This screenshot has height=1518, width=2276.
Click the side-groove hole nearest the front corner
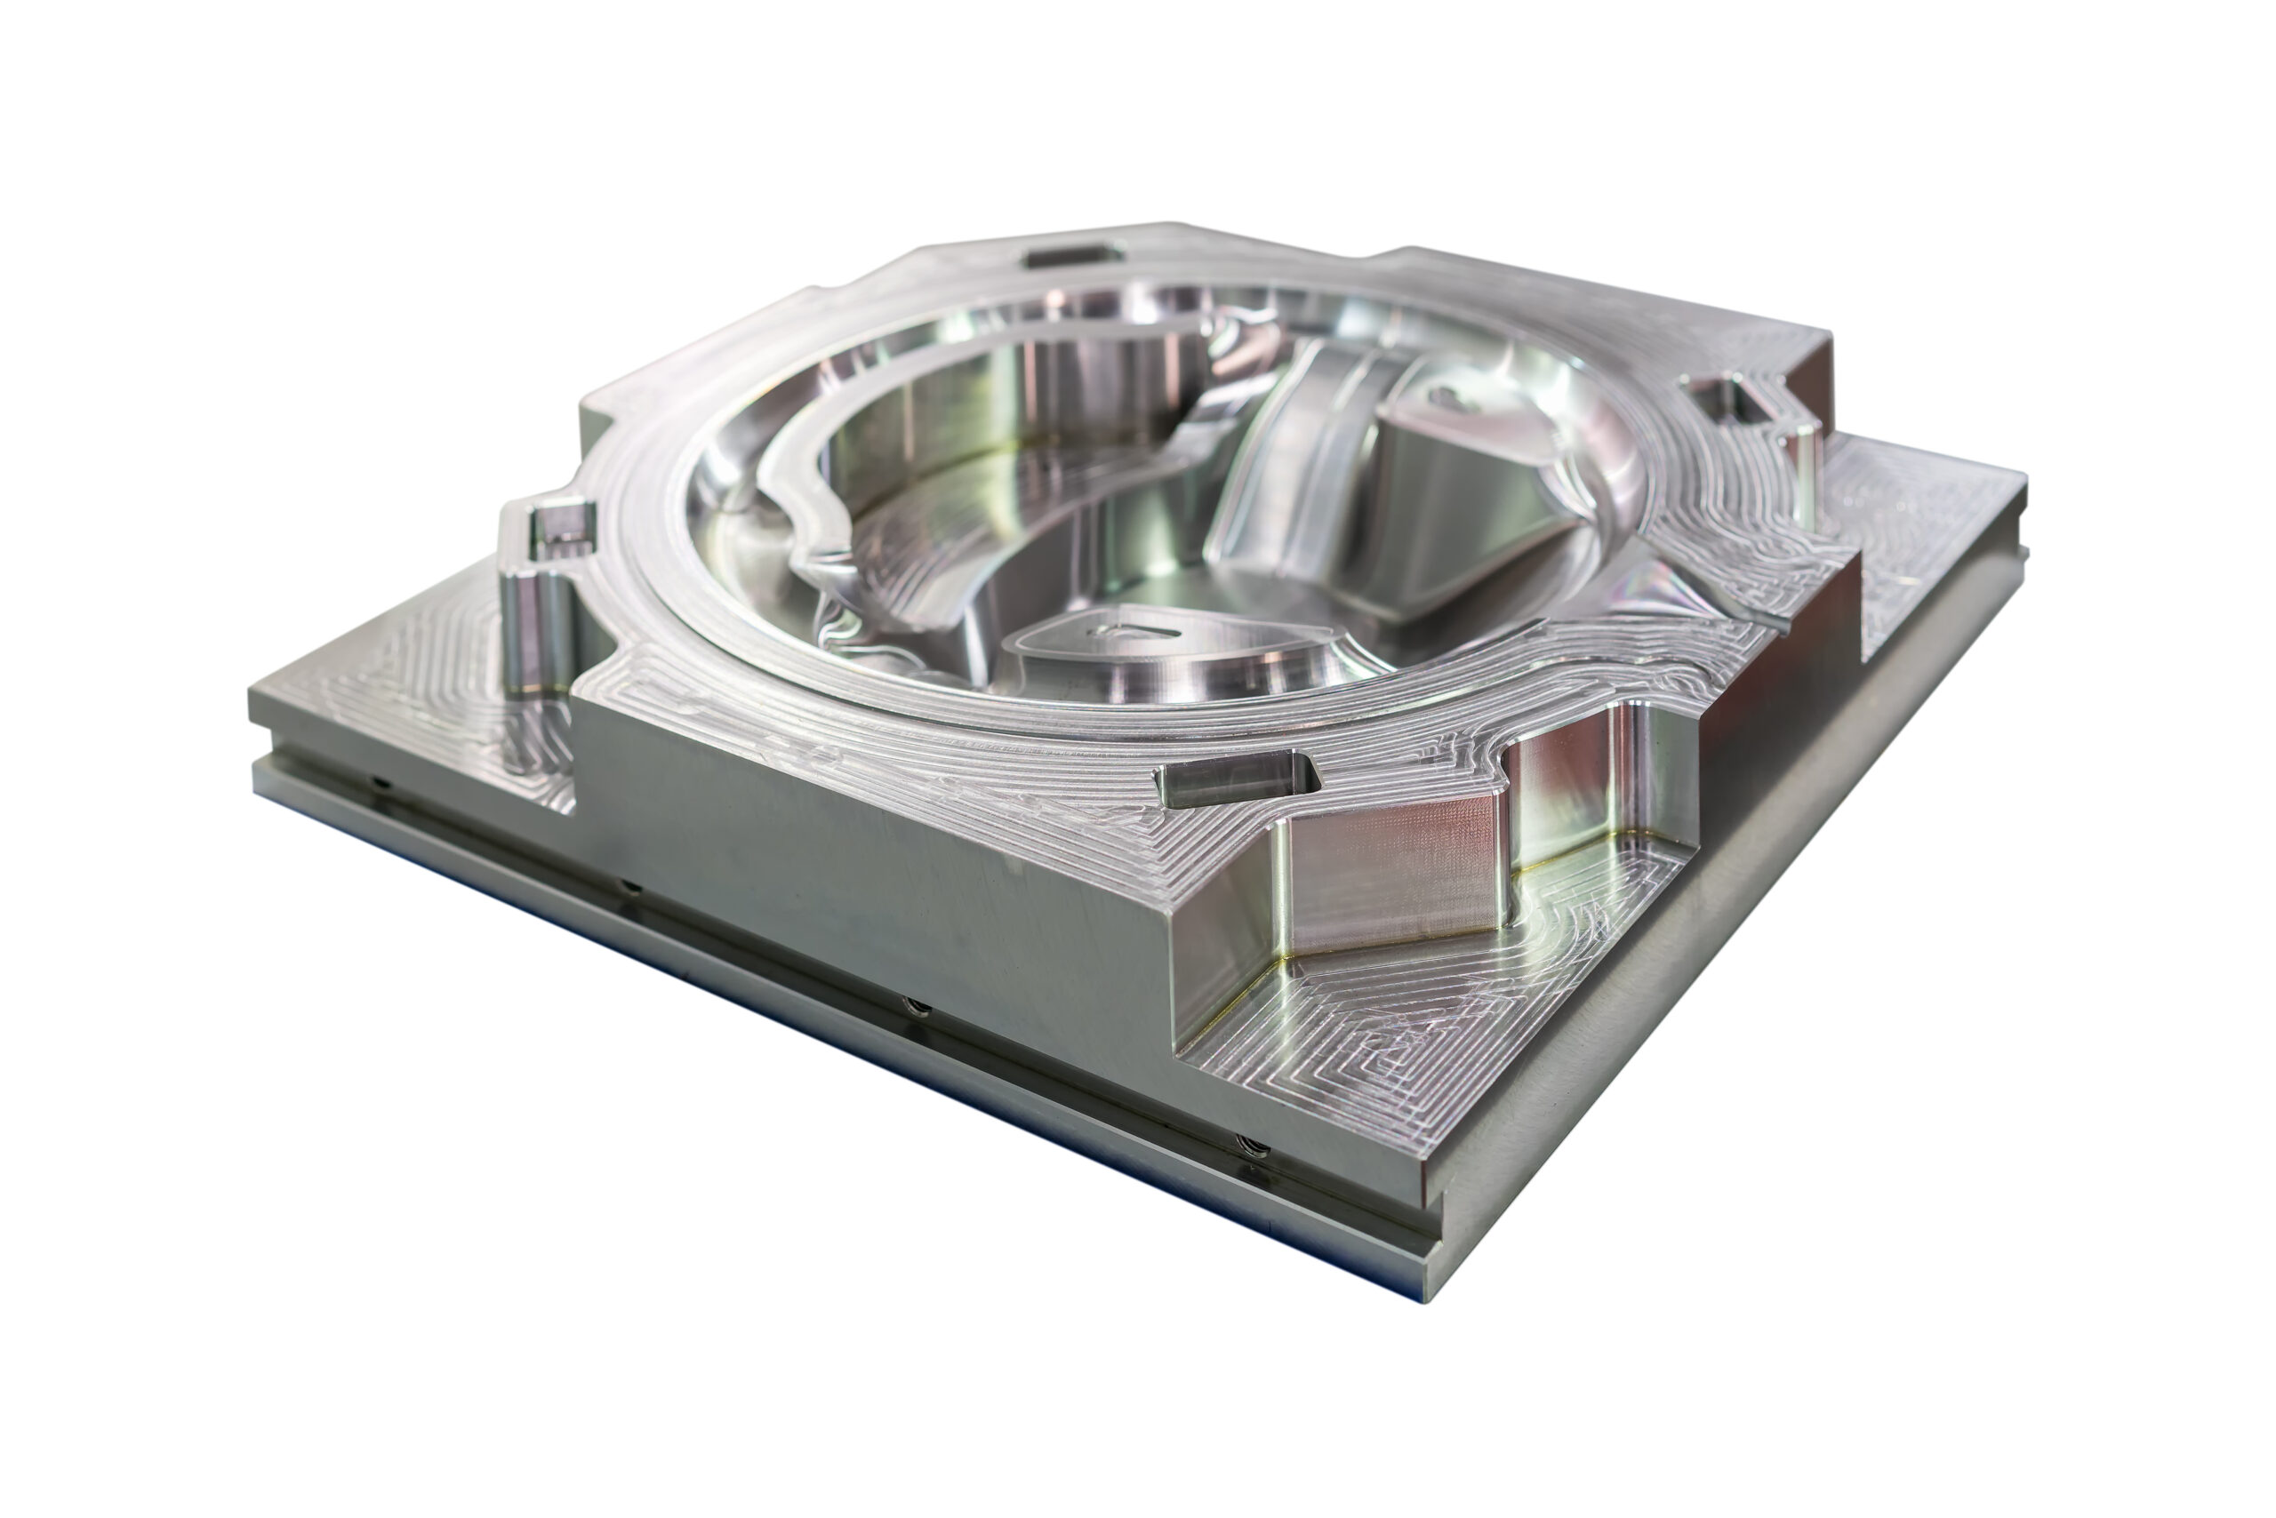[x=1250, y=1146]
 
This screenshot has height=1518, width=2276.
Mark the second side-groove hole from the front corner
[x=915, y=1008]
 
